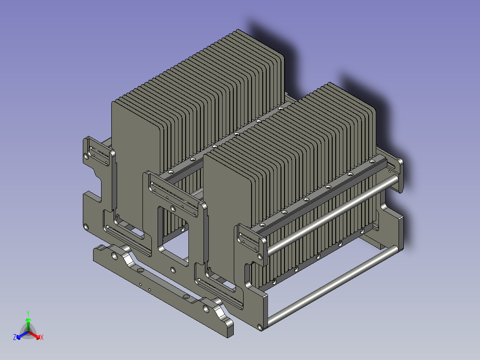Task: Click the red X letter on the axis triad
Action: point(41,338)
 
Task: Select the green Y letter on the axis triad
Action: point(28,313)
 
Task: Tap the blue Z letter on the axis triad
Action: point(15,338)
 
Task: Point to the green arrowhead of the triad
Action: point(28,320)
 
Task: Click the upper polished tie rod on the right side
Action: point(329,214)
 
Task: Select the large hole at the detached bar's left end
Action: point(114,256)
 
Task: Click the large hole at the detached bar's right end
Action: point(206,308)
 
